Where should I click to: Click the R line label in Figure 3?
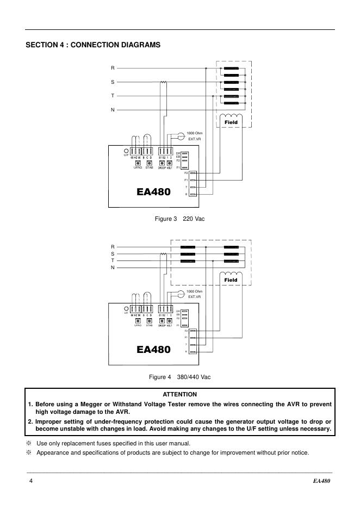point(113,68)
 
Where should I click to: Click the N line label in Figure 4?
point(113,267)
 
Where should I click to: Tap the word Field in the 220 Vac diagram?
point(231,122)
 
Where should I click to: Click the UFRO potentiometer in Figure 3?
point(138,163)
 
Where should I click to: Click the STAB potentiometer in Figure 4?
point(148,321)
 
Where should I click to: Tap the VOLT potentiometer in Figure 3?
point(170,163)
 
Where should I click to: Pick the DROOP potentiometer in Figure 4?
point(162,321)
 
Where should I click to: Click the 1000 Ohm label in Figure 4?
point(194,291)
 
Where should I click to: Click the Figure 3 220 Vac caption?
point(180,219)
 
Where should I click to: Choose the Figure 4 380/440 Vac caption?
point(180,377)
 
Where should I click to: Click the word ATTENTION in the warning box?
point(180,394)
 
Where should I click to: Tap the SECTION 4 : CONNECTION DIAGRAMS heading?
point(93,45)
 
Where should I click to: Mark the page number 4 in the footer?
point(31,482)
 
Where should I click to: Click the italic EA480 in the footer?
point(322,482)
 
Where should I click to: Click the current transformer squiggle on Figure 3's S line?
point(163,83)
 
